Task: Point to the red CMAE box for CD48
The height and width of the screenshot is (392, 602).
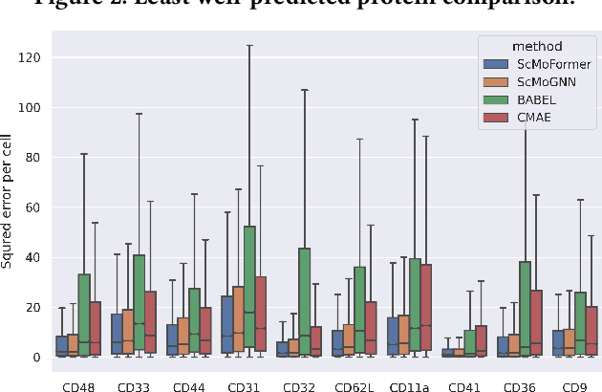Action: pos(96,329)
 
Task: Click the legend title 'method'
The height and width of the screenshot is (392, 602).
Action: pos(536,46)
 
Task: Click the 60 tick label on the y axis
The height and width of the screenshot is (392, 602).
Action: pos(36,207)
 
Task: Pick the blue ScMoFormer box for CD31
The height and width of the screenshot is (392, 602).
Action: pos(226,325)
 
